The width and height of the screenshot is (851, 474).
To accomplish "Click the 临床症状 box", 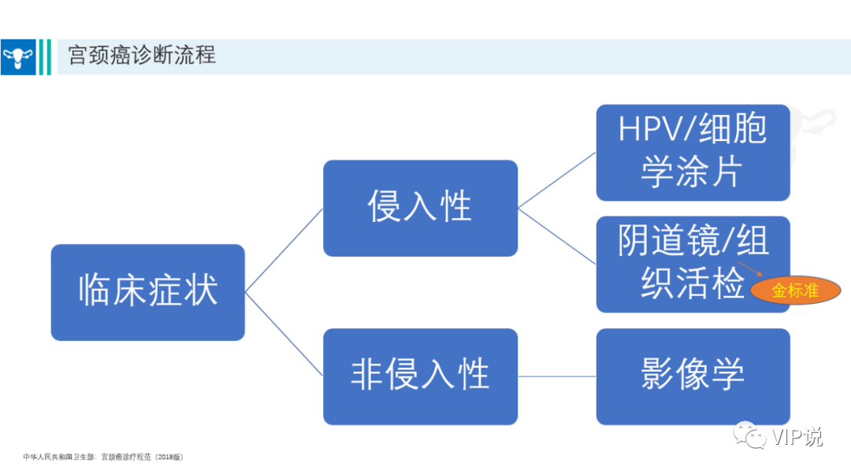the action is coord(147,292).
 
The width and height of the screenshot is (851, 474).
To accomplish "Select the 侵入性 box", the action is coord(420,208).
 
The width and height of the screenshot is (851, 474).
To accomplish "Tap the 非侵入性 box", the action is coord(420,376).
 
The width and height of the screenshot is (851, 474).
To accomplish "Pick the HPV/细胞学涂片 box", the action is coord(693,153).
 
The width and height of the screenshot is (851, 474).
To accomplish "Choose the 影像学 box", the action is coord(693,376).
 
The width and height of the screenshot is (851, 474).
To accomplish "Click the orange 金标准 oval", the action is coord(796,291).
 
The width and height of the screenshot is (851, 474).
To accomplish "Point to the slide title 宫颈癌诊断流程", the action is coord(142,55).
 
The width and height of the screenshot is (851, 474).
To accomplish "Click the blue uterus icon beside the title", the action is coord(18,57).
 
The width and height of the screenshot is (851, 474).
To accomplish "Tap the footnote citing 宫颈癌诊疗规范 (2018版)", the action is coord(103,457).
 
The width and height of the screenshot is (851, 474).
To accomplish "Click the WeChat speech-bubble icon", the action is coord(749,435).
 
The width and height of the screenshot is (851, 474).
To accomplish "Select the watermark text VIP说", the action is coord(797,436).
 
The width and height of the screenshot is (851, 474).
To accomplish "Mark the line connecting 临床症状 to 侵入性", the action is coord(284,250).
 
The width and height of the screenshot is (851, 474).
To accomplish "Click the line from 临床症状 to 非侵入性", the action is coord(284,334).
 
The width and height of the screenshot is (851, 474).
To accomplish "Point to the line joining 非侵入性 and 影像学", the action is coord(557,376).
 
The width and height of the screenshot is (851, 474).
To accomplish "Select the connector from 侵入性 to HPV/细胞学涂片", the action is coord(557,180).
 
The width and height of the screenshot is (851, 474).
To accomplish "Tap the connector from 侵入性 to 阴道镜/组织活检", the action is coord(557,236).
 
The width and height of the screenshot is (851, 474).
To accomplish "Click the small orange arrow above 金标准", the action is coord(750,269).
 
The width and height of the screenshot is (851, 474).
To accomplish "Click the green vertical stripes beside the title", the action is coord(45,57).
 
